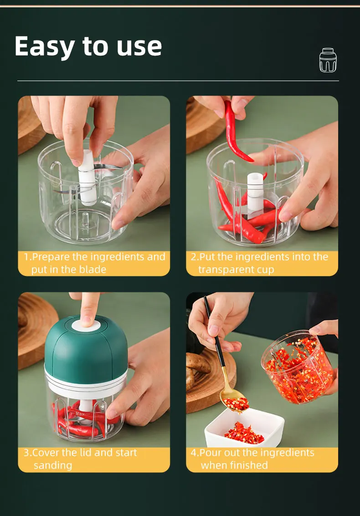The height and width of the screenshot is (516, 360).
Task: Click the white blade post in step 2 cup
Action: (x=256, y=191)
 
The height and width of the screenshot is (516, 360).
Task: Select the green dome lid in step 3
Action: (x=86, y=346)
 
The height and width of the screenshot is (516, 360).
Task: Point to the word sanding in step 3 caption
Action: (x=52, y=465)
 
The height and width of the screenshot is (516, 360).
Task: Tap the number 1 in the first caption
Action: (x=26, y=257)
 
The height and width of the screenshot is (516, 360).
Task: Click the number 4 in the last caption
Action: (x=194, y=453)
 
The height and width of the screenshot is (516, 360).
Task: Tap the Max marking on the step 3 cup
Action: (x=80, y=414)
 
